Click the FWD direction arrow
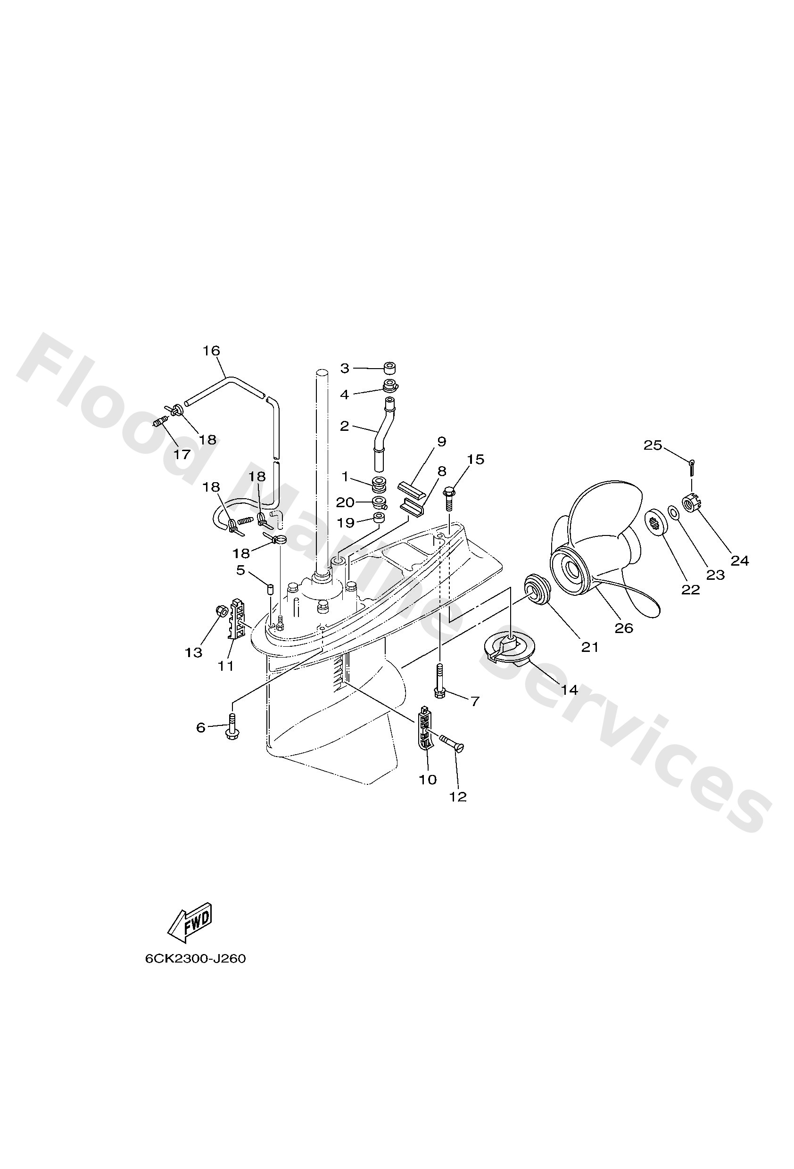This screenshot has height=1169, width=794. (189, 924)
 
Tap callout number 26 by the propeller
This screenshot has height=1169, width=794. (624, 628)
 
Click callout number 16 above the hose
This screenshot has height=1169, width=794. (211, 351)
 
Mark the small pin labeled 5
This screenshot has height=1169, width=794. (269, 587)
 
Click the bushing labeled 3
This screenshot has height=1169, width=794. (388, 368)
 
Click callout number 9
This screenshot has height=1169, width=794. (441, 442)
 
